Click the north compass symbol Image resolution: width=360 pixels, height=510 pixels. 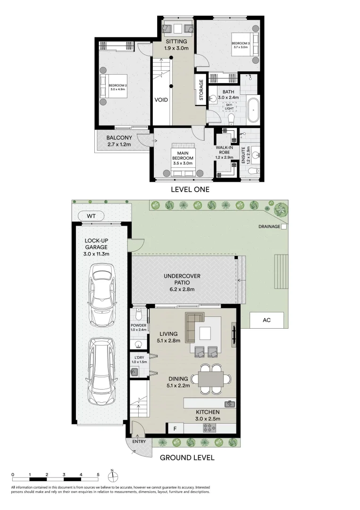[x=112, y=476]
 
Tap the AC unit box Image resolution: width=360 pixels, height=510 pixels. [x=267, y=320]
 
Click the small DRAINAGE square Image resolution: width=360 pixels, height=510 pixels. [x=284, y=227]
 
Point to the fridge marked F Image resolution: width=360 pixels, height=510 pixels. [x=175, y=429]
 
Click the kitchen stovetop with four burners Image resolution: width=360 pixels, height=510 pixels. [x=209, y=428]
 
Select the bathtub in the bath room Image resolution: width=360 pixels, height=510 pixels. [x=254, y=110]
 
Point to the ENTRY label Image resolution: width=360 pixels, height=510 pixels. [x=138, y=442]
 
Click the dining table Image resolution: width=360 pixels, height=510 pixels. [x=210, y=378]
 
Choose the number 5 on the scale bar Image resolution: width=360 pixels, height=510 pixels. [x=98, y=475]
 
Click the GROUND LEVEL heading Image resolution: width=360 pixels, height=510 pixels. [x=187, y=458]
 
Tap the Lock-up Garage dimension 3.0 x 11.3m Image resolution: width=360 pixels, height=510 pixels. [x=97, y=254]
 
